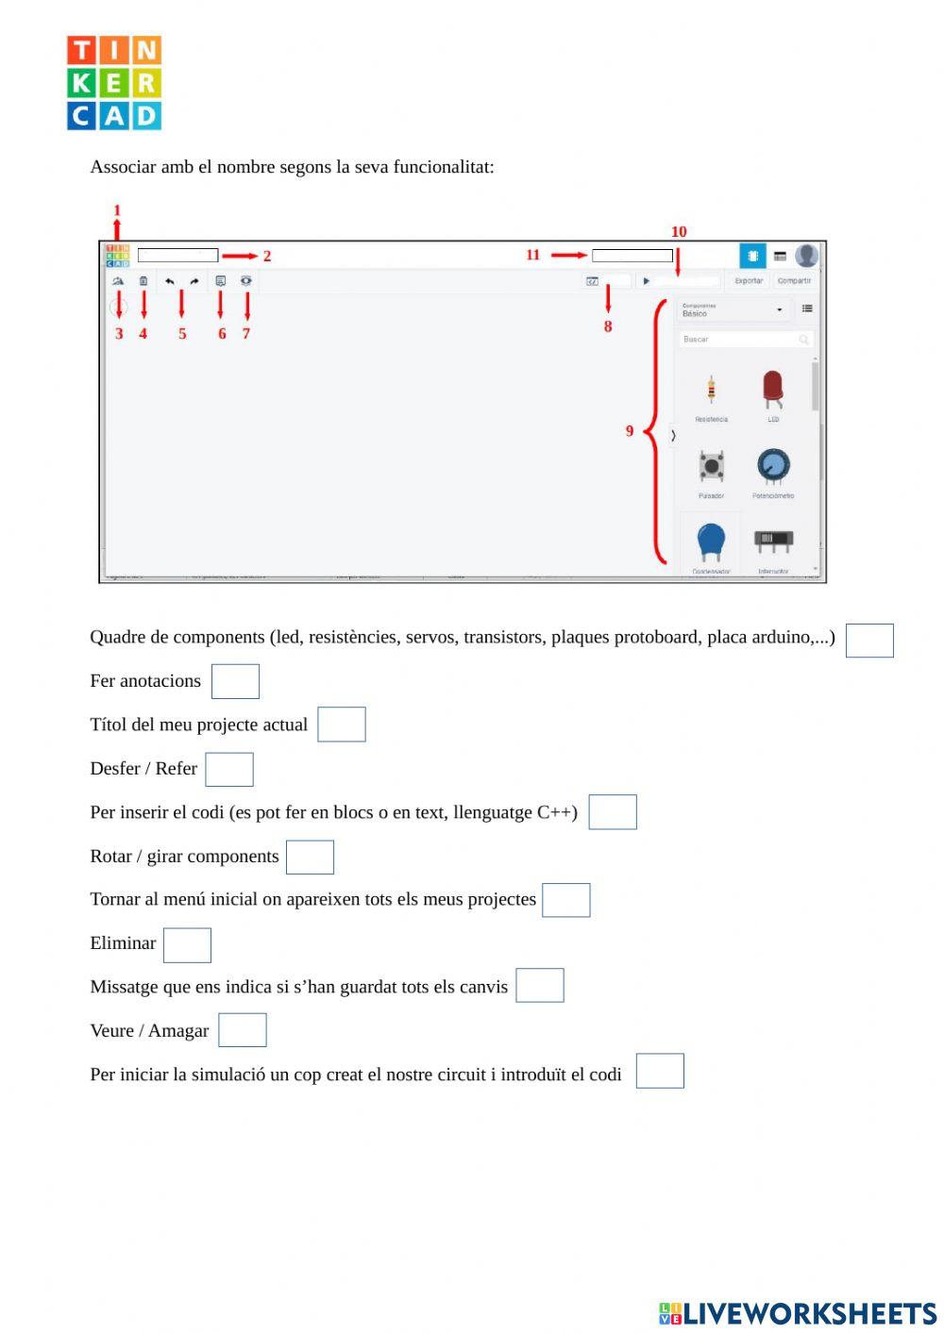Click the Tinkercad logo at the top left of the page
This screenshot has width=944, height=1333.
(x=114, y=83)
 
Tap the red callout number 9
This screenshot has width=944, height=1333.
(x=630, y=431)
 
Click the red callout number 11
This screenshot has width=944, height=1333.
(x=532, y=255)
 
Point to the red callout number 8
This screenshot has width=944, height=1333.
(x=608, y=326)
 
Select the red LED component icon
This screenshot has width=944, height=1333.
(x=772, y=390)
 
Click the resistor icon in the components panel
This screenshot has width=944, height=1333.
(x=711, y=390)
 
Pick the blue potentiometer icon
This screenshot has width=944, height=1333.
(x=772, y=466)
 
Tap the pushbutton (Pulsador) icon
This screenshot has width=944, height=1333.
(x=711, y=466)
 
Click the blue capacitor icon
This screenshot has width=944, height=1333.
(x=711, y=542)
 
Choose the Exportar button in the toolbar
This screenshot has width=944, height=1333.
(x=749, y=281)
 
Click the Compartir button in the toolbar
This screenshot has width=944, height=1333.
(x=794, y=281)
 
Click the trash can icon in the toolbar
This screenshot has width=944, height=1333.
(x=143, y=281)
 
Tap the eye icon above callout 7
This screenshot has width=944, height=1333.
(x=246, y=281)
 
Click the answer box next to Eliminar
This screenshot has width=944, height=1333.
(x=187, y=945)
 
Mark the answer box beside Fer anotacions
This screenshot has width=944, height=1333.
(x=235, y=681)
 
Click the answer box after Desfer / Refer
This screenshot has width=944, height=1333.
(x=229, y=770)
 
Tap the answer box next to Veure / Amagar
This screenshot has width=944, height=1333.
(x=243, y=1030)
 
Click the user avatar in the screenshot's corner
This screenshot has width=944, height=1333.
(x=806, y=256)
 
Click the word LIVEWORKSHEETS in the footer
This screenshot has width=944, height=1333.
(x=809, y=1313)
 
